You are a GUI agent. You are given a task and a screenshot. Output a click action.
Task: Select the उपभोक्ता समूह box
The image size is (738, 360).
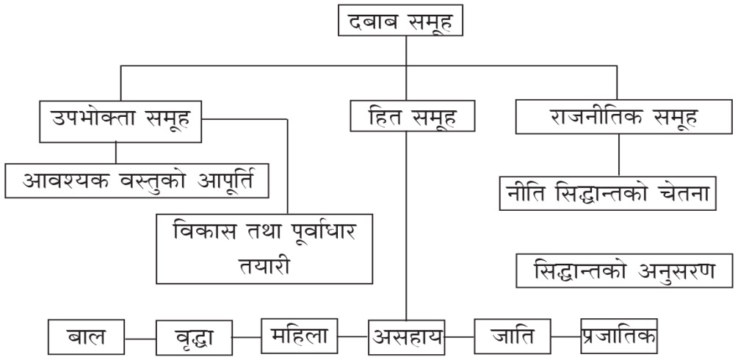click(120, 120)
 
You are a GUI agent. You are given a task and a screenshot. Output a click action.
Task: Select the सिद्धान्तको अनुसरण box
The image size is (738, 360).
click(624, 273)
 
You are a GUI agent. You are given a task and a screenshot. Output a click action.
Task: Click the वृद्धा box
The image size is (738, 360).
click(195, 338)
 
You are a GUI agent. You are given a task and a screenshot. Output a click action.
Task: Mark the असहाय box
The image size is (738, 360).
click(408, 337)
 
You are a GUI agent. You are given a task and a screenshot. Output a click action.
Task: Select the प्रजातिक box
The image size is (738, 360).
click(618, 336)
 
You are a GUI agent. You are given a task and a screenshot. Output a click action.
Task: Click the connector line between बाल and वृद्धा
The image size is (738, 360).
click(140, 339)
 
